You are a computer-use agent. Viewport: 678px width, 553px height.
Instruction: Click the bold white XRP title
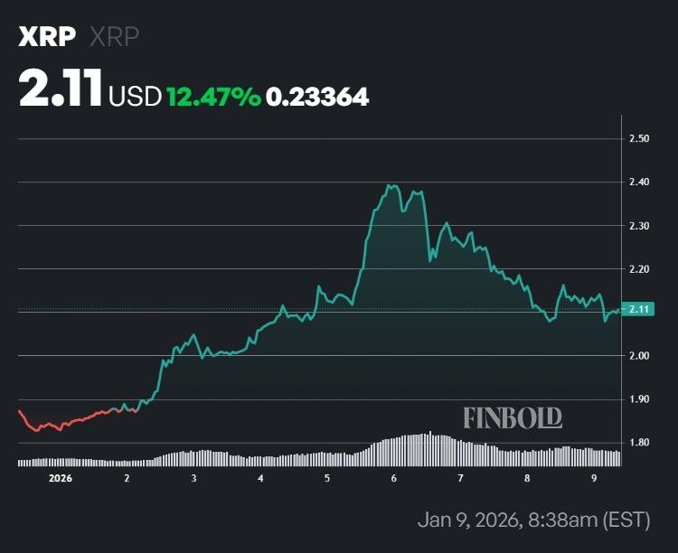coord(47,37)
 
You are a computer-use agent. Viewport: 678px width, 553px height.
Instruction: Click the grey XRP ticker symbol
coord(114,37)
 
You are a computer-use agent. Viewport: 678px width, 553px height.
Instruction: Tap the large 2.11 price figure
coord(60,93)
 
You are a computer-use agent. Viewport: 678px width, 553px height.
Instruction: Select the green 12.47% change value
coord(212,96)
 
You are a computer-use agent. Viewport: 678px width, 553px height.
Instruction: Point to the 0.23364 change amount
coord(317,96)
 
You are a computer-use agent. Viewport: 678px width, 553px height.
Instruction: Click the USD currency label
coord(135,96)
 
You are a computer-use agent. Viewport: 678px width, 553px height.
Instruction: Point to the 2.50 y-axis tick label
coord(639,138)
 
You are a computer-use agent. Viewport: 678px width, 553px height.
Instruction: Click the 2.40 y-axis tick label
coord(639,182)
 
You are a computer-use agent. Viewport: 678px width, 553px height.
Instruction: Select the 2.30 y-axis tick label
coord(639,225)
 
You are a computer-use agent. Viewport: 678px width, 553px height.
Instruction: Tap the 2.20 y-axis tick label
coord(639,269)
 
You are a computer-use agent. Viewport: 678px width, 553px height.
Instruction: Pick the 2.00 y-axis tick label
coord(639,356)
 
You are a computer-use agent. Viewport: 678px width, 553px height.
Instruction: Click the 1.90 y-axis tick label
coord(639,399)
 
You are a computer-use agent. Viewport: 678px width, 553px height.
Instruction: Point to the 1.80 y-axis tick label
coord(639,443)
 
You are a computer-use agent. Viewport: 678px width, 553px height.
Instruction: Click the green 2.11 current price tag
coord(640,309)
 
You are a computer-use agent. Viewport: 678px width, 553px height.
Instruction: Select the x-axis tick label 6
coord(394,477)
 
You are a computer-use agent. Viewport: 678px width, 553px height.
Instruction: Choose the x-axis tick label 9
coord(594,477)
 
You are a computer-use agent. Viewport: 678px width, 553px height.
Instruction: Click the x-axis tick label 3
coord(193,477)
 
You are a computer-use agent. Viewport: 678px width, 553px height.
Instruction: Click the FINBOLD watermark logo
coord(513,417)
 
